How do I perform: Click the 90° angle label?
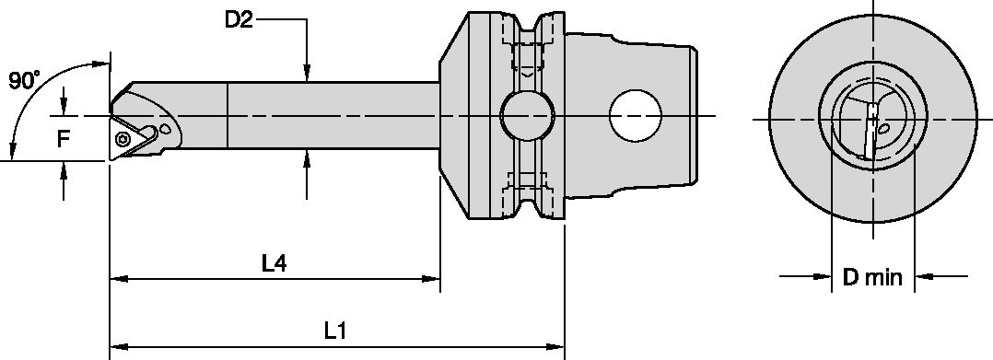tap(24, 81)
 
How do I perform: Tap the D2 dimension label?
tap(239, 20)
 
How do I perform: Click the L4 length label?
tap(272, 264)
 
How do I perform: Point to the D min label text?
tap(872, 276)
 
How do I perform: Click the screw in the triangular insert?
tap(124, 138)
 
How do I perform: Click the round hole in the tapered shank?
tap(636, 117)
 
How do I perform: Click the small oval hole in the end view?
tap(882, 130)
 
